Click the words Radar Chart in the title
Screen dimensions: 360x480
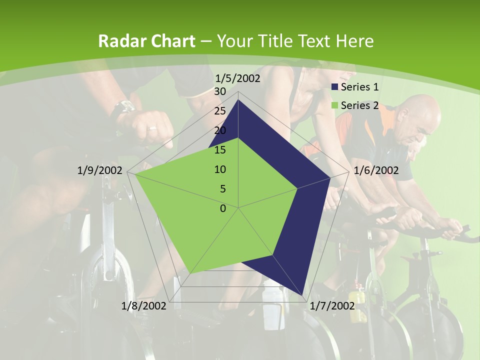146,41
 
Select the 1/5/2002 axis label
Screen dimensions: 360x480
237,78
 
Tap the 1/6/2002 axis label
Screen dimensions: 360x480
376,170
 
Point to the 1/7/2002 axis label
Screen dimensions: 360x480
332,305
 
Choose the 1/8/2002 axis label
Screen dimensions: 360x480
144,305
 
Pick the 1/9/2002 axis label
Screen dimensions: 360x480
100,170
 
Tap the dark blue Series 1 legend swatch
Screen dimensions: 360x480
335,87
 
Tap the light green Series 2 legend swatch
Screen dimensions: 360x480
335,105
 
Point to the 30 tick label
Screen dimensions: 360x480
219,91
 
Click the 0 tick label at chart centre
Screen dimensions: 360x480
223,208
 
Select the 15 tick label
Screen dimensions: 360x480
219,150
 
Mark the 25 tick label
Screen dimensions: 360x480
219,111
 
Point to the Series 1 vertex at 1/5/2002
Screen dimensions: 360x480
238,100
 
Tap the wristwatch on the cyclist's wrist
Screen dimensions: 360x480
122,107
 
